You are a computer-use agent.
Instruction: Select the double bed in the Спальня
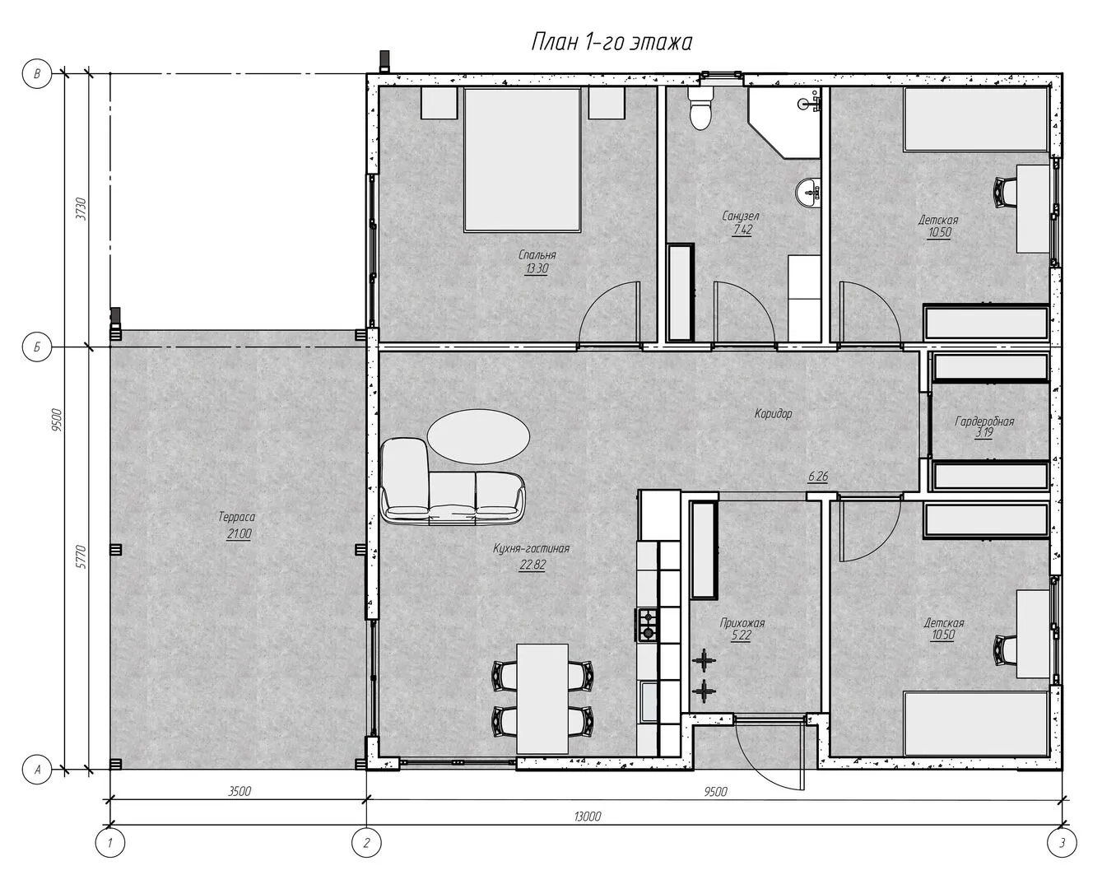pos(522,160)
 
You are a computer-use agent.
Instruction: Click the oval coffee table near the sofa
pos(478,436)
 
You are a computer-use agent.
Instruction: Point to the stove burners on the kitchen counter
pos(647,625)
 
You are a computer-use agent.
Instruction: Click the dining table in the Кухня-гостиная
pos(542,699)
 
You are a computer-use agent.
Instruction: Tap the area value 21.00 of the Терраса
pos(239,533)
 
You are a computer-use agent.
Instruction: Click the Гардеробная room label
pos(984,421)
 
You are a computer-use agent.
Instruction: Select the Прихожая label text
pos(742,623)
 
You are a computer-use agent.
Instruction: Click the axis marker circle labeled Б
pos(37,347)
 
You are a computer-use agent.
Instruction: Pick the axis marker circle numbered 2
pos(366,843)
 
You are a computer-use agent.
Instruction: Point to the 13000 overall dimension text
pos(587,817)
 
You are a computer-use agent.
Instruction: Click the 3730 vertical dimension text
pos(81,208)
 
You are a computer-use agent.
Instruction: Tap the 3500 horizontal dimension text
pos(239,791)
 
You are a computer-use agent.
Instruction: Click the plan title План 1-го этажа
pos(611,42)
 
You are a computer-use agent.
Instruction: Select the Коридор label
pos(773,413)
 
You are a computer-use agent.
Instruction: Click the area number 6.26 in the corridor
pos(818,476)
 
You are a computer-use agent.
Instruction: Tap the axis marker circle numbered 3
pos(1062,843)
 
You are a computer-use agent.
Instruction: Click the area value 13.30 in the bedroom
pos(537,268)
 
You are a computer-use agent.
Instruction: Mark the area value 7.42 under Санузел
pos(742,230)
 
